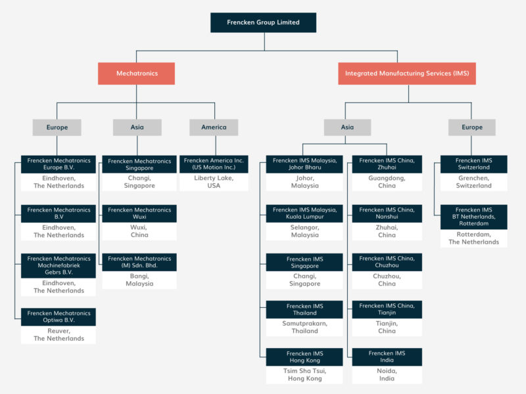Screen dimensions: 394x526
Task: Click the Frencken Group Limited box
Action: [263, 22]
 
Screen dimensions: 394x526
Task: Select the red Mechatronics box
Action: [137, 74]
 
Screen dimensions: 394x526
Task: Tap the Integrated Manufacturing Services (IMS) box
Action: [407, 74]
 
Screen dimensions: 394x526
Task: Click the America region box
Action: [214, 127]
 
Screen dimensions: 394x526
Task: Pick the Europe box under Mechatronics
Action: [57, 127]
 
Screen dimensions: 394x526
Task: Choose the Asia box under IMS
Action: [347, 127]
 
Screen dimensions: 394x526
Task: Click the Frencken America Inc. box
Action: [214, 164]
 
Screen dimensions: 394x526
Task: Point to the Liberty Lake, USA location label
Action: [214, 182]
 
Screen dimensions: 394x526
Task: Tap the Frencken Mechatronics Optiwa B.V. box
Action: [59, 317]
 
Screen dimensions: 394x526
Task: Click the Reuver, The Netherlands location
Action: [59, 335]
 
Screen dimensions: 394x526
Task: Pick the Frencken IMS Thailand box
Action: [304, 310]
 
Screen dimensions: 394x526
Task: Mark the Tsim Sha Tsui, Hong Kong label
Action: [304, 375]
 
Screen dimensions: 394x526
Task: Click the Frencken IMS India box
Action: [387, 357]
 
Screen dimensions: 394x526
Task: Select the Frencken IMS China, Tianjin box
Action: [387, 310]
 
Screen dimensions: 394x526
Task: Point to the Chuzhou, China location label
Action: [387, 280]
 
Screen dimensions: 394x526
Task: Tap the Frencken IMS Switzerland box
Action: [473, 164]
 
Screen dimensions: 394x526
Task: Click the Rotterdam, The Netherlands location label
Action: [473, 238]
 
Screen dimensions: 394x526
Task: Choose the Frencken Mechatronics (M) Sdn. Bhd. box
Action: [139, 263]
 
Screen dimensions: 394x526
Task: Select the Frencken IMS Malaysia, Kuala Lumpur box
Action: [304, 213]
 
